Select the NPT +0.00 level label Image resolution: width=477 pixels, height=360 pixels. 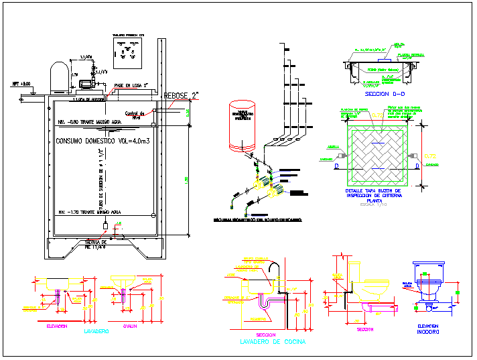21,84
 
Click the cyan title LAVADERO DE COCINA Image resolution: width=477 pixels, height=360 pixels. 272,342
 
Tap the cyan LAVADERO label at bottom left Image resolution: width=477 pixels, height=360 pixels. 96,332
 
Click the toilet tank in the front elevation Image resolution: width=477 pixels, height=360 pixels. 429,270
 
